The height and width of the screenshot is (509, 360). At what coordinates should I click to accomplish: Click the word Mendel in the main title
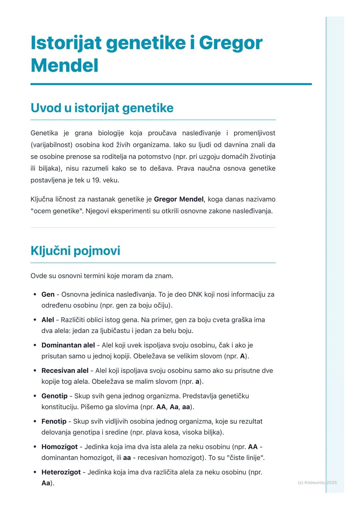[x=64, y=65]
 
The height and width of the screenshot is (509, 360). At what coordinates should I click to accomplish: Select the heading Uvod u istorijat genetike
[x=102, y=108]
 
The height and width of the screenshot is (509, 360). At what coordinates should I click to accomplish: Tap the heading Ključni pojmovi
[x=75, y=251]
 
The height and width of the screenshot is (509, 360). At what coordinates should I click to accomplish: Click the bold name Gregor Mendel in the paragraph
[x=179, y=199]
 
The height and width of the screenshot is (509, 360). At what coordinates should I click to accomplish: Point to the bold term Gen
[x=48, y=294]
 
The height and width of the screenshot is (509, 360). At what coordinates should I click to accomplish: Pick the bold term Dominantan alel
[x=68, y=345]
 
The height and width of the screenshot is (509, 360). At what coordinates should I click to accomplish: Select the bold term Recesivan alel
[x=65, y=370]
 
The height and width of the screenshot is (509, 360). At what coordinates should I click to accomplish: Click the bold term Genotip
[x=54, y=396]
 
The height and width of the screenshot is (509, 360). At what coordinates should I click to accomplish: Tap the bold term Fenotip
[x=54, y=421]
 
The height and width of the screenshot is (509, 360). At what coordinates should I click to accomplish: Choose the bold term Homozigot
[x=59, y=447]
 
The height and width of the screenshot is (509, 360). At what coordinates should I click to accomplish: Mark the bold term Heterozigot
[x=61, y=472]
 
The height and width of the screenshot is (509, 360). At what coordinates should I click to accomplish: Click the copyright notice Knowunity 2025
[x=317, y=482]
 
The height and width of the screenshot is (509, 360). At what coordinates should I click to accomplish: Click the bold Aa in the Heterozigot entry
[x=46, y=483]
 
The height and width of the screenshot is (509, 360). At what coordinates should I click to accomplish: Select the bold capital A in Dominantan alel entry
[x=242, y=356]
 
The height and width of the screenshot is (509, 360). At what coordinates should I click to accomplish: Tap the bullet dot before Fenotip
[x=35, y=421]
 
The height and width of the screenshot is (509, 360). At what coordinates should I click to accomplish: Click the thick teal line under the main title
[x=171, y=84]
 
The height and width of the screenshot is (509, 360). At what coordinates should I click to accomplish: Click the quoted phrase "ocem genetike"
[x=57, y=211]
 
